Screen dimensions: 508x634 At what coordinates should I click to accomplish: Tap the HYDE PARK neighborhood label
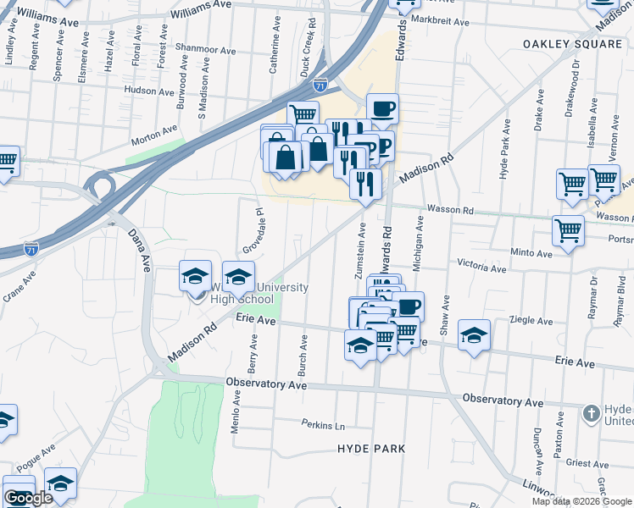tap(371, 449)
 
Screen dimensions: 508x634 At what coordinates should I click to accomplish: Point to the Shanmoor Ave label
tap(206, 49)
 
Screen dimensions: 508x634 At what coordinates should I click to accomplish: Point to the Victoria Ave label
tap(481, 268)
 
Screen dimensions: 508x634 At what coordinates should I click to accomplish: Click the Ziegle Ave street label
tap(531, 321)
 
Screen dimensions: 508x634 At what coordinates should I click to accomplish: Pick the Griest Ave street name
tap(587, 463)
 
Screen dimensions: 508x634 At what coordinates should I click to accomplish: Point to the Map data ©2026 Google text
tap(581, 501)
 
